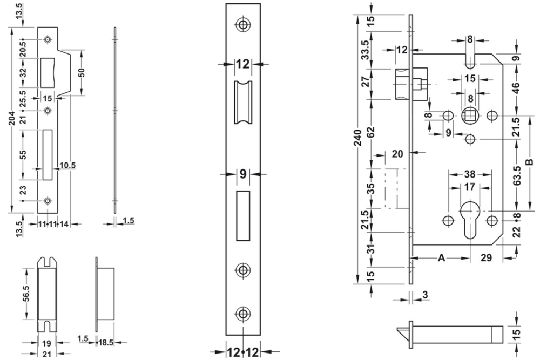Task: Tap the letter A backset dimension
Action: pyautogui.click(x=441, y=259)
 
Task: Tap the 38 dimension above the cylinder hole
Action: pyautogui.click(x=469, y=175)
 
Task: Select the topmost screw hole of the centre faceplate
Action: pyautogui.click(x=242, y=24)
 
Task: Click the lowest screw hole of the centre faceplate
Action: pyautogui.click(x=242, y=313)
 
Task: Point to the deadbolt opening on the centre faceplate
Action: pyautogui.click(x=242, y=216)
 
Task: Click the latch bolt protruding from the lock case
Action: pyautogui.click(x=402, y=84)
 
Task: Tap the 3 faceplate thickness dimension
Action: pyautogui.click(x=426, y=294)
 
